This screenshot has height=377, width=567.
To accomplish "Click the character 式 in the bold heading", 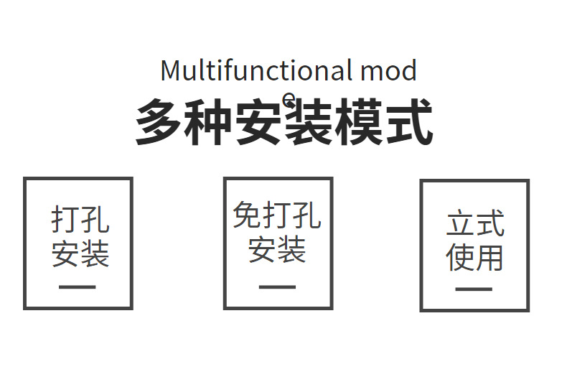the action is (408, 123).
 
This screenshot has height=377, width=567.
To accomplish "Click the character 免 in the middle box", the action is (247, 215).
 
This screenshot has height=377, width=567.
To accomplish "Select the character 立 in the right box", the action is (460, 224).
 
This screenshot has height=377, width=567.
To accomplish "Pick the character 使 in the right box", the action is (460, 256).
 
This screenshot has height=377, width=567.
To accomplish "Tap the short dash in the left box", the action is (78, 287).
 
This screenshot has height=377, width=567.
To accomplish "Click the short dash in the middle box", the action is (277, 287).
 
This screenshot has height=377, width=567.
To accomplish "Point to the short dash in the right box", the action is (474, 289).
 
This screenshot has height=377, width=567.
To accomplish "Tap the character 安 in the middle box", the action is (263, 248).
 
